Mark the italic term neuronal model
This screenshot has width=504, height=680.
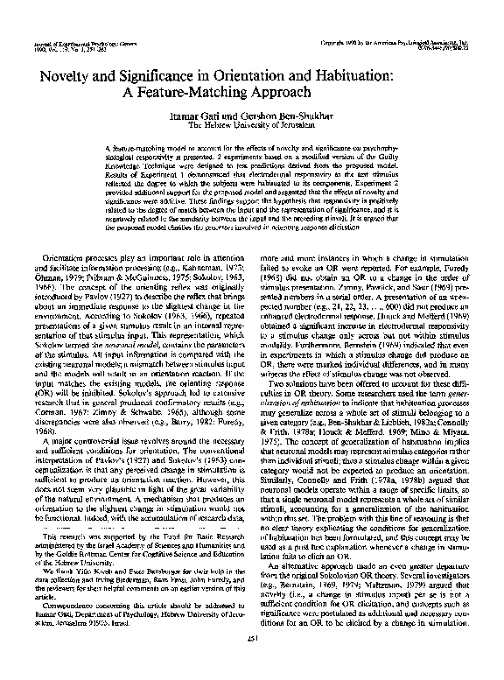pos(130,347)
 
